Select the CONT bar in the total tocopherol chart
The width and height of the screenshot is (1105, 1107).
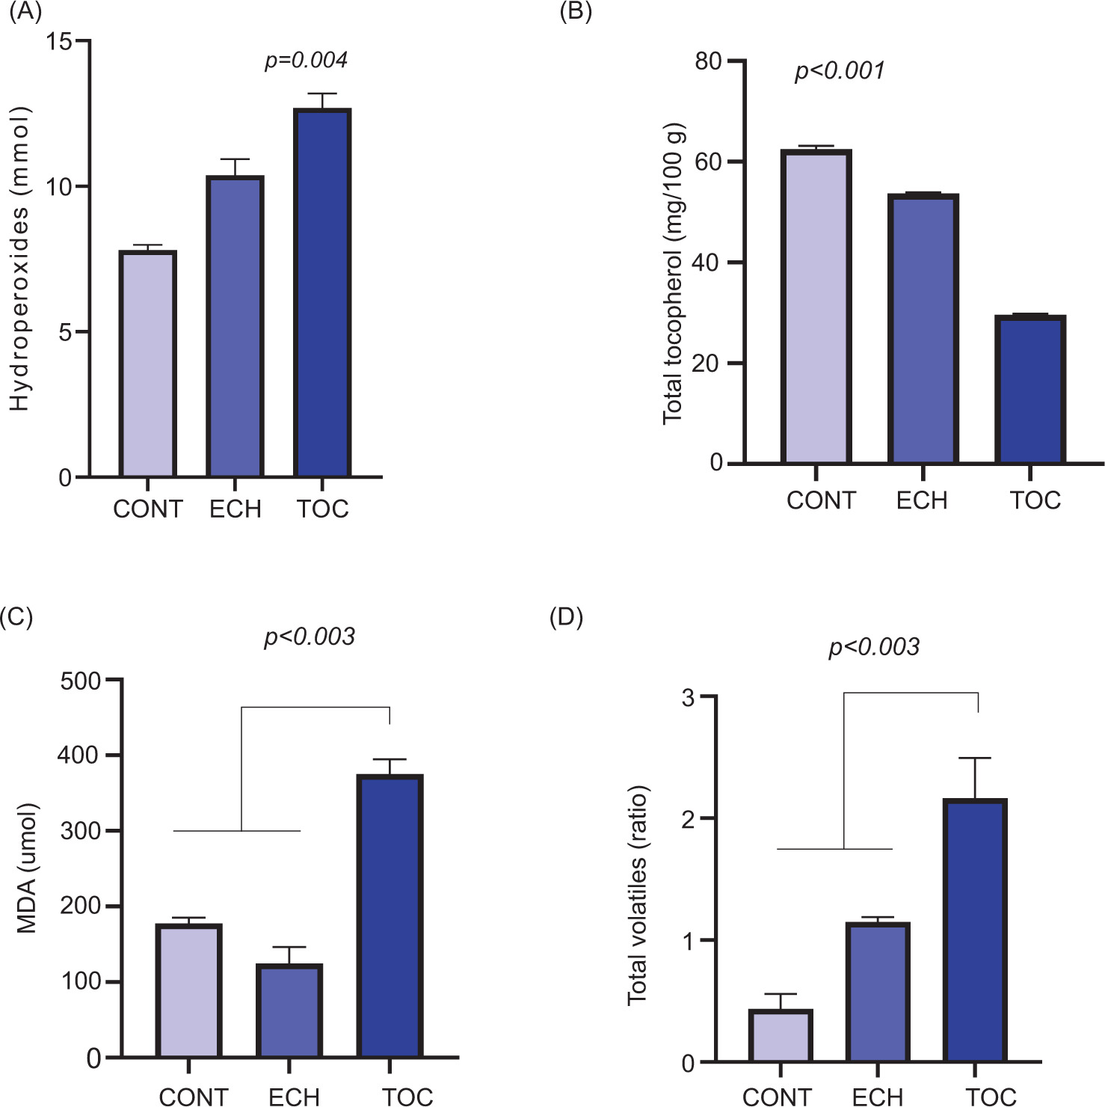click(816, 307)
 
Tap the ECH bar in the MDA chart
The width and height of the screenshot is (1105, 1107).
click(289, 1011)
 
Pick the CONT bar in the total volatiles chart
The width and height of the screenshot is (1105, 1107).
click(781, 1036)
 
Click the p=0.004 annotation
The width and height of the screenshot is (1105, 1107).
click(306, 60)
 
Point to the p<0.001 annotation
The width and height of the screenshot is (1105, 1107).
click(840, 71)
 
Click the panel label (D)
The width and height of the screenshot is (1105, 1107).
click(566, 618)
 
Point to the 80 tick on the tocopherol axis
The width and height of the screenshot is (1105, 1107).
click(707, 61)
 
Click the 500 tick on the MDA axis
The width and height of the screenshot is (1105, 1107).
click(81, 681)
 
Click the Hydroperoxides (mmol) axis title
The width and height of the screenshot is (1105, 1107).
click(20, 258)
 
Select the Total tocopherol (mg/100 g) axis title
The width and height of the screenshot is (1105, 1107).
click(673, 273)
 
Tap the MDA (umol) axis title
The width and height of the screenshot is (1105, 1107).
click(27, 868)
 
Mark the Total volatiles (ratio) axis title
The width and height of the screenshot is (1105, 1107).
click(637, 894)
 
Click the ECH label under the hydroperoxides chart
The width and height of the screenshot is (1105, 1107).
click(235, 509)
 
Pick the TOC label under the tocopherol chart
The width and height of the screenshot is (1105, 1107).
click(1035, 500)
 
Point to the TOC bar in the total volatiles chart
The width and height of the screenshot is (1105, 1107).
click(976, 930)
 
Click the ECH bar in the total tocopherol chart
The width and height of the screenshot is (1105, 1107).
click(923, 329)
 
